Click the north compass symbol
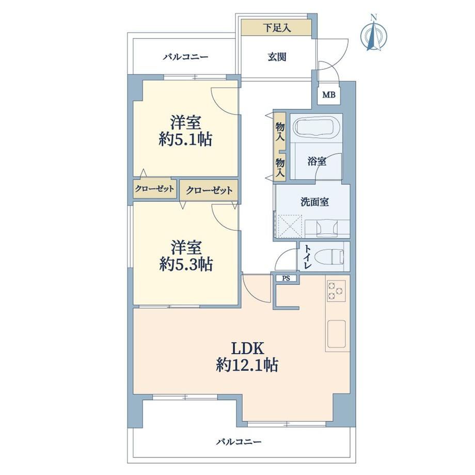[x=374, y=34]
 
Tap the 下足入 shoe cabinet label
[x=277, y=28]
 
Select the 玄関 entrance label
[x=277, y=57]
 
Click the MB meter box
[x=329, y=95]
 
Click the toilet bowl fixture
[x=329, y=256]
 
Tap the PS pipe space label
[x=286, y=278]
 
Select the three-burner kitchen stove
[x=336, y=291]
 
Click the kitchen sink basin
[x=336, y=333]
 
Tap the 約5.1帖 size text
[x=185, y=139]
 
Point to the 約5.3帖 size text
[x=186, y=264]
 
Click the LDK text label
[x=247, y=349]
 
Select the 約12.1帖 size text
[x=247, y=365]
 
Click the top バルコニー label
[x=186, y=57]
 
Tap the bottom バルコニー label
[x=239, y=442]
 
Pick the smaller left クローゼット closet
[x=154, y=189]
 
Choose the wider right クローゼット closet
[x=209, y=191]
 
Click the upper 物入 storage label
[x=280, y=132]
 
